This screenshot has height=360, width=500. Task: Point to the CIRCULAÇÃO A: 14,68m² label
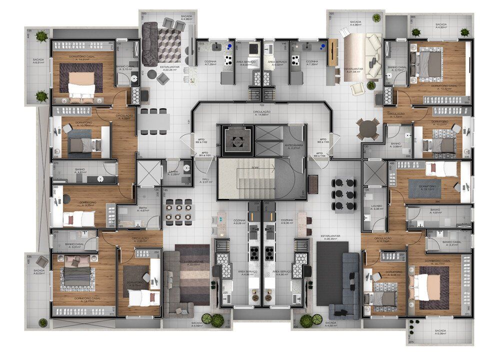click(x=262, y=113)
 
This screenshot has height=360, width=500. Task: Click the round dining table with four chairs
click(x=368, y=127)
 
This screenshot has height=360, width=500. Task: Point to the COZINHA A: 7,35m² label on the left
click(x=210, y=63)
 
